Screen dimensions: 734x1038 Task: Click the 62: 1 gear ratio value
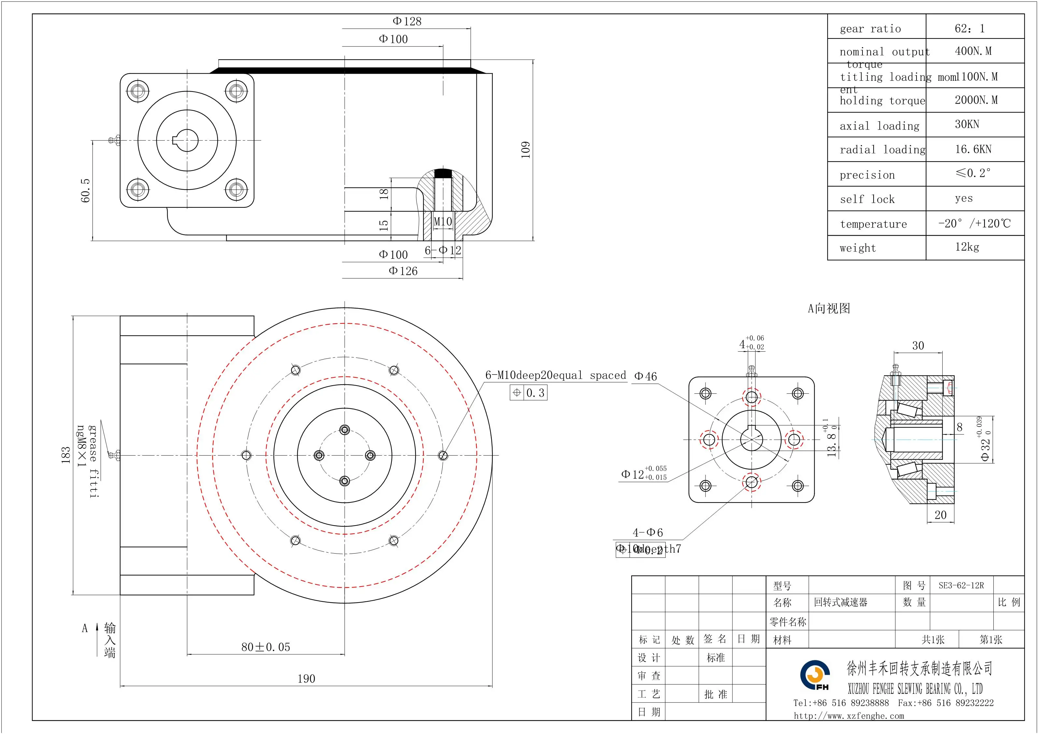click(969, 28)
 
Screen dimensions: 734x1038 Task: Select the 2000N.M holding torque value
click(975, 100)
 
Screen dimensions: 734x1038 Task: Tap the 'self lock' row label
click(867, 199)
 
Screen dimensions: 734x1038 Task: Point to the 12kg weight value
click(967, 247)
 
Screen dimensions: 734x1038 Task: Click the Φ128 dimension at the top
click(406, 21)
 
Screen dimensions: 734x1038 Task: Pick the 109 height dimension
click(525, 149)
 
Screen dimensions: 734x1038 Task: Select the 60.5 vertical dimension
click(85, 190)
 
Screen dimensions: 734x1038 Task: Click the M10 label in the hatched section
click(443, 221)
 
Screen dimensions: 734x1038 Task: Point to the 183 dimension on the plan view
click(66, 455)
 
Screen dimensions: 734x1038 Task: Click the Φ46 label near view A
click(646, 376)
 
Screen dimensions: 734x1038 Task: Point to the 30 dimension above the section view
click(918, 346)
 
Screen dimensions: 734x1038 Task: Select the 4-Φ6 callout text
click(647, 532)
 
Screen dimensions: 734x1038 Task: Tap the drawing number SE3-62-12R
click(961, 585)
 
